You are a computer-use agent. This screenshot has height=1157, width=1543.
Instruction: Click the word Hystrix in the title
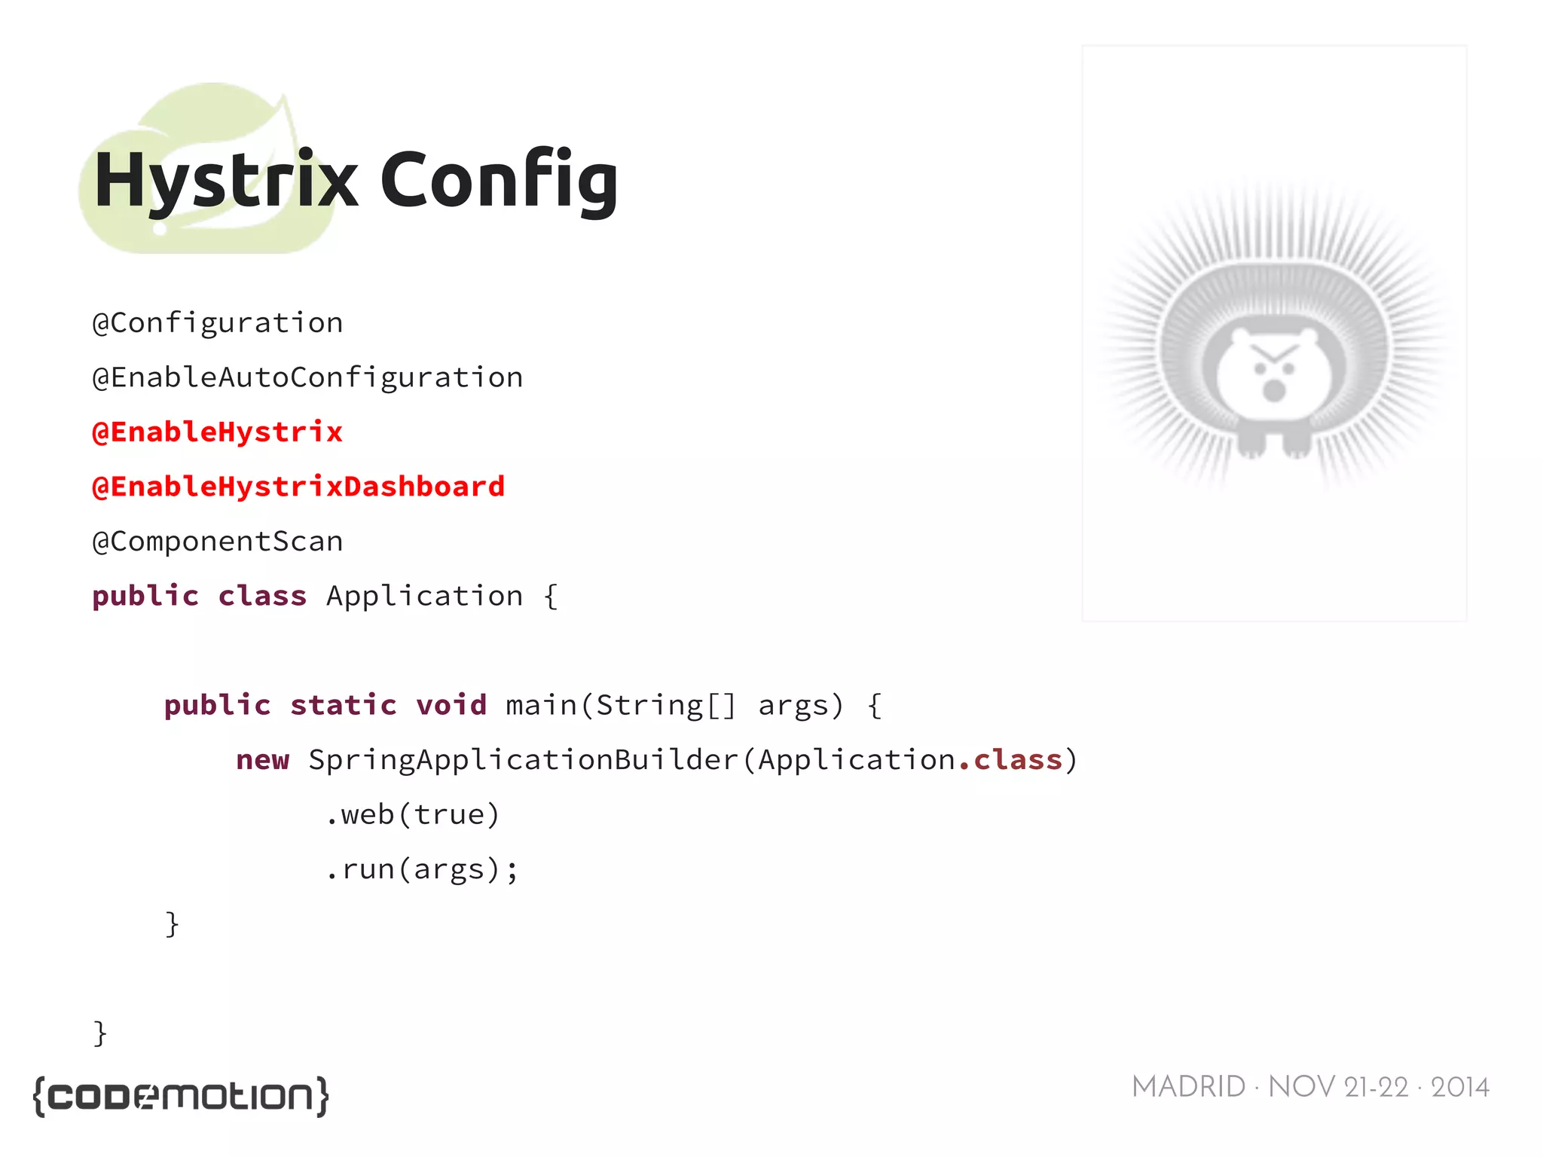[x=225, y=181]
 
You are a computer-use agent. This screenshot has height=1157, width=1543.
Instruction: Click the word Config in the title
[x=499, y=181]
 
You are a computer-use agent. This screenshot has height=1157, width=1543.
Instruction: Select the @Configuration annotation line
[x=217, y=323]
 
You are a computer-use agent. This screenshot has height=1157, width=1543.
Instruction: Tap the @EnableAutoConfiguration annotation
[x=307, y=377]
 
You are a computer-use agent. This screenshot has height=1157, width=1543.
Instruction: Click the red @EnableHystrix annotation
[x=217, y=432]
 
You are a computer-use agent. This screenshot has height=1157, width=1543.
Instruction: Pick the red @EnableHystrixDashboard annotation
[x=298, y=487]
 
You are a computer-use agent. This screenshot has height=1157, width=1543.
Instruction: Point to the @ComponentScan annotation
[x=217, y=542]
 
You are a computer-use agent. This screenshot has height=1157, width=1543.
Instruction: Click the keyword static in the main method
[x=343, y=705]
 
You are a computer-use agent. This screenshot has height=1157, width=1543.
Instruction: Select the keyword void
[x=451, y=705]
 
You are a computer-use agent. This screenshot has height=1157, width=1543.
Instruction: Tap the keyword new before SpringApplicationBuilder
[x=262, y=760]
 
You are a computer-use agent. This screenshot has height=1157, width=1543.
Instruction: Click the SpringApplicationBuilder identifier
[x=524, y=760]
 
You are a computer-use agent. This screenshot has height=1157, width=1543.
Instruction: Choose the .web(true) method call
[x=413, y=814]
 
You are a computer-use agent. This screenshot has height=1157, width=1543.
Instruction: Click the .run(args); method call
[x=422, y=869]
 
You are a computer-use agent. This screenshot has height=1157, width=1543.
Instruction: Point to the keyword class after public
[x=262, y=596]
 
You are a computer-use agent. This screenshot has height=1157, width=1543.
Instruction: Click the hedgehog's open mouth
[x=1274, y=390]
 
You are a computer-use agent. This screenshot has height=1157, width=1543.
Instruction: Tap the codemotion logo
[x=181, y=1096]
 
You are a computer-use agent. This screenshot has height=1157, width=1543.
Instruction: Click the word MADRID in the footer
[x=1188, y=1087]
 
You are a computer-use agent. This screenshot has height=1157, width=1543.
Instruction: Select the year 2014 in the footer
[x=1459, y=1087]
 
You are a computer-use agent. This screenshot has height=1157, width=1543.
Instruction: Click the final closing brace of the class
[x=100, y=1033]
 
